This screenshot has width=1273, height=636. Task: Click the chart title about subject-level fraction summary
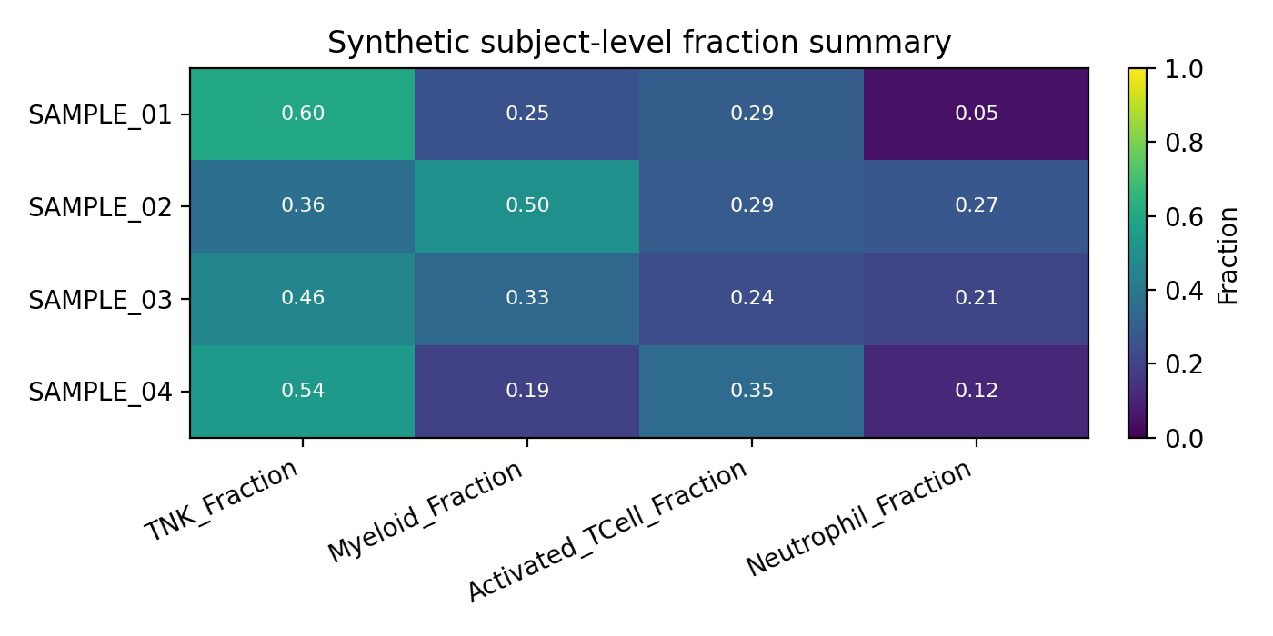638,43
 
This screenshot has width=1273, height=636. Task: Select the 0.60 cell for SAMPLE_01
302,114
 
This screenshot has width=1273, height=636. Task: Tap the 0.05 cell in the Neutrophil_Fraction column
976,114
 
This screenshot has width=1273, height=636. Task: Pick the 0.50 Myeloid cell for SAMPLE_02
527,205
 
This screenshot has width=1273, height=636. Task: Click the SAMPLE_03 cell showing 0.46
302,298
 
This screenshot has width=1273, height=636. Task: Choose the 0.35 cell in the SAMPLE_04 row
751,391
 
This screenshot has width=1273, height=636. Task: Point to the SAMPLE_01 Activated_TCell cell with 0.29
751,114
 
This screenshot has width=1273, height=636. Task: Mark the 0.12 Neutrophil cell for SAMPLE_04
976,391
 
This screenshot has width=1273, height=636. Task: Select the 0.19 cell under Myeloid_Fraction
527,391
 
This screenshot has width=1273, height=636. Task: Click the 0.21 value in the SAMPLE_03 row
976,298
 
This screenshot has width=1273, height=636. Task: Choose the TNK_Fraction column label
223,501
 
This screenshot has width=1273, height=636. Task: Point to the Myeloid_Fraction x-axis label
426,511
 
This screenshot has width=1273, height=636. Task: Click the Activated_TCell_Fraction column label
607,530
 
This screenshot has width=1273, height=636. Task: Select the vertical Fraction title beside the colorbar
1228,254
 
